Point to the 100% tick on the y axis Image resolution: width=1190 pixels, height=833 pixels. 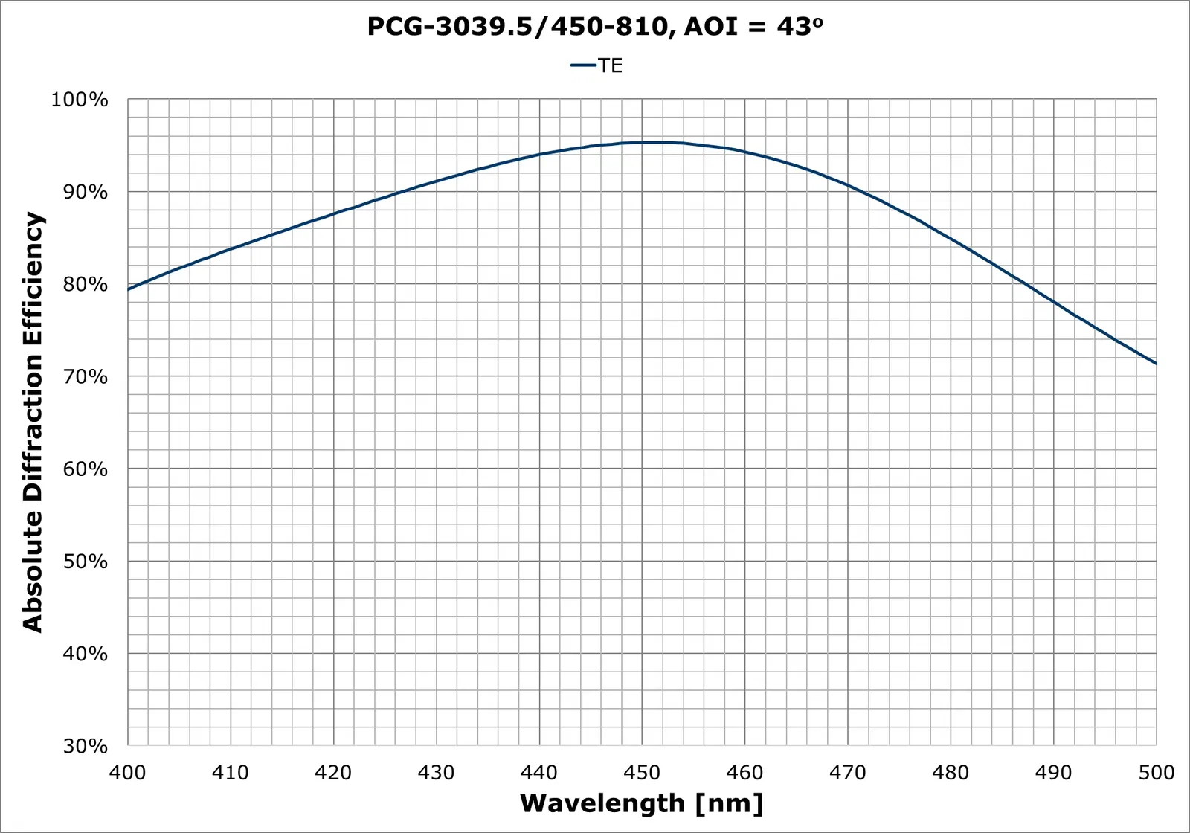point(79,100)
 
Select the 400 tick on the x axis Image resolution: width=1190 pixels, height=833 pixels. point(128,773)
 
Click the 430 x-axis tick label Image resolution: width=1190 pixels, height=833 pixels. point(436,773)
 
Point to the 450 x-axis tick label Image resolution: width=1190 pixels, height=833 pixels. point(642,773)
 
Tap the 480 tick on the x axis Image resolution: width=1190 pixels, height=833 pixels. point(951,773)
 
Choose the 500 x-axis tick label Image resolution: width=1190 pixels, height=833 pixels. point(1156,773)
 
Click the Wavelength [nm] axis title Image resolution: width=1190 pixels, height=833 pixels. point(641,803)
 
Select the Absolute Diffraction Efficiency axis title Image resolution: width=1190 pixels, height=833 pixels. point(33,422)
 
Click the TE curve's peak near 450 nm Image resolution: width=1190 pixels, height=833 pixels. point(647,142)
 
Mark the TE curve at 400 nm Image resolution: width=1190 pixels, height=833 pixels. point(129,289)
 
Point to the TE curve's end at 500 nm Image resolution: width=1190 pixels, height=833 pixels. point(1156,364)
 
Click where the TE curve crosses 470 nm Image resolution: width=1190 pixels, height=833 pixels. point(848,185)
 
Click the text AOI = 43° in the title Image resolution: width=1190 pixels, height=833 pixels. point(753,27)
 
